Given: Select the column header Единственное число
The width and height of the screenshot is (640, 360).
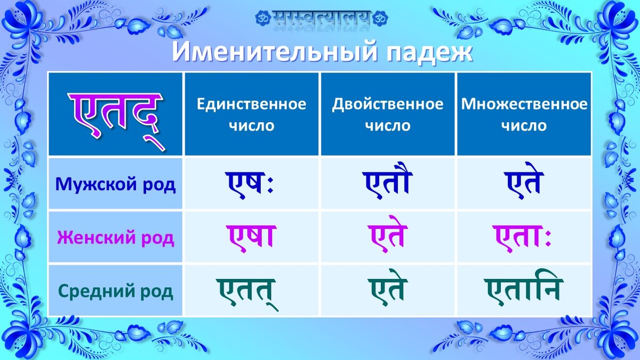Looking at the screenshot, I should click(252, 115).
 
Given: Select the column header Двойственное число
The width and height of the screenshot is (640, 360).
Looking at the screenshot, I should click(388, 115).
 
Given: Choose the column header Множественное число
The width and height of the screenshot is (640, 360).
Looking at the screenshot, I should click(524, 115).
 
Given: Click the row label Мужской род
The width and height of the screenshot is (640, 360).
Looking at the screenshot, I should click(116, 185).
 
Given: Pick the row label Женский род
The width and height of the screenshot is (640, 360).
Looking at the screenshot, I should click(116, 237).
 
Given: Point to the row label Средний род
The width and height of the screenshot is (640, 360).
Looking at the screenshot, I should click(116, 291).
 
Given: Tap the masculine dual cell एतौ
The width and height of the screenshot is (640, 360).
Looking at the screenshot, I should click(388, 182).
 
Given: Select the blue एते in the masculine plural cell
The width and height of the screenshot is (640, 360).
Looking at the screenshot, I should click(524, 182).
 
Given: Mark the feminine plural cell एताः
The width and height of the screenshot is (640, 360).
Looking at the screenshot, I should click(524, 236).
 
